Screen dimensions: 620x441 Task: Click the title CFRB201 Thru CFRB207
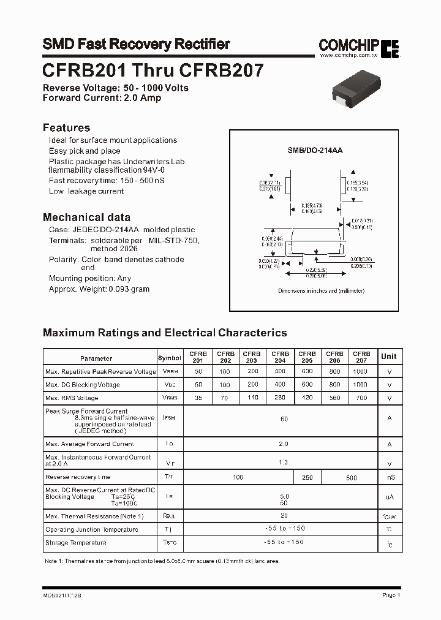coord(153,70)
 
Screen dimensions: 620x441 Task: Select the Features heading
coord(66,127)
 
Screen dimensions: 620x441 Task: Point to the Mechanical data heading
coord(86,217)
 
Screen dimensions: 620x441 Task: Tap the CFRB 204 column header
coord(280,357)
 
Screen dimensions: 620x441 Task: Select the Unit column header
coord(389,357)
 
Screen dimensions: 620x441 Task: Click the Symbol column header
coord(170,358)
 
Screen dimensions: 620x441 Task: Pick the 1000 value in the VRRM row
coord(361,371)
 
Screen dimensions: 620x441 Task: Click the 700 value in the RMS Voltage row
coord(361,398)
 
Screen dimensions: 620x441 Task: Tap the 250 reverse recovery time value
coord(307,477)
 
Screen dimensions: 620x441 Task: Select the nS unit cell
coord(390,477)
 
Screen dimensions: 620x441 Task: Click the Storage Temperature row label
coord(76,542)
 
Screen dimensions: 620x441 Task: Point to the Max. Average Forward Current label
coord(89,444)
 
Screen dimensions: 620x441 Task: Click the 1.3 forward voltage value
coord(283,462)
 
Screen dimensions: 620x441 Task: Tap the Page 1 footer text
coord(391,595)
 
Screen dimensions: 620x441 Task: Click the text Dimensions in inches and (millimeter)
coord(321,291)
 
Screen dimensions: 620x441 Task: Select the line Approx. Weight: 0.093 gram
coord(99,289)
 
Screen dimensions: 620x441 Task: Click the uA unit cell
coord(390,497)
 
